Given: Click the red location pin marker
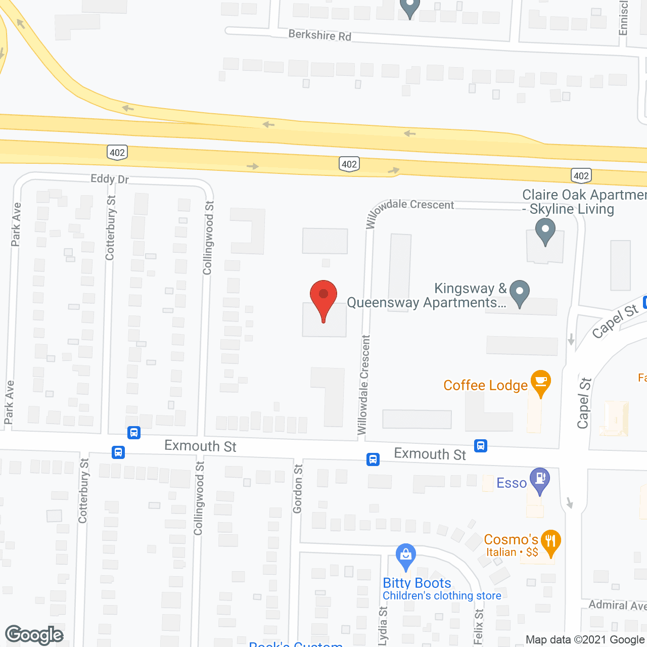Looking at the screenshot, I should coord(323,298).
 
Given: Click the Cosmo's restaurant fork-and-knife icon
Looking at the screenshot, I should coord(550,542).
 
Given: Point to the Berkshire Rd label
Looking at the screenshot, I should coord(319,35).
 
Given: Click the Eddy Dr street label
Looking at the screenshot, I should coord(109,179).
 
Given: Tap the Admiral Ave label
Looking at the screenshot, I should coord(617,605).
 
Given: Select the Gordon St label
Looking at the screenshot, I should coord(298,489).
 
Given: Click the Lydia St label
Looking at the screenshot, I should coord(383,626).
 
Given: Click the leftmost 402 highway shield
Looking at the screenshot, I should coord(117,152).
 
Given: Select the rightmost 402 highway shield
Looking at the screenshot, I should coord(581,175).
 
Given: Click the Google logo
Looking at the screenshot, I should coord(34,635).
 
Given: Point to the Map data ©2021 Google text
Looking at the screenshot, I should coord(585,640).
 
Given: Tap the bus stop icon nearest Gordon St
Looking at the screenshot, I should coord(373,459).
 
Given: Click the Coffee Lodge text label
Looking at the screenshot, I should coord(485,386).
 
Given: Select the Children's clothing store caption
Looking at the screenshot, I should coord(442,596).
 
